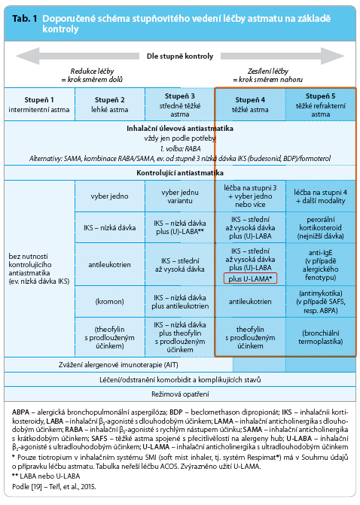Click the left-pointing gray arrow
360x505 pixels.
coord(78,56)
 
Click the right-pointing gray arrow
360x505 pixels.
coord(282,56)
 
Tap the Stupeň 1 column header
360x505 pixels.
coord(39,105)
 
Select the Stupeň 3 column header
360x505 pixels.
coord(180,105)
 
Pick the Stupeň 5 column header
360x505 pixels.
coord(320,105)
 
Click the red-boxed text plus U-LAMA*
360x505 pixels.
coord(250,278)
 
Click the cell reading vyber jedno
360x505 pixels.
coord(109,196)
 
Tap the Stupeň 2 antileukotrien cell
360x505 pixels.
coord(109,264)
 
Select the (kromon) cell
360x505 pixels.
coord(109,302)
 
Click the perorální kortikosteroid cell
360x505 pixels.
coord(320,228)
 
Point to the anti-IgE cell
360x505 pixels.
coord(320,265)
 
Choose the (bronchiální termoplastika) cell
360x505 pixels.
coord(320,337)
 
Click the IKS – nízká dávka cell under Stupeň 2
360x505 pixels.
coord(109,228)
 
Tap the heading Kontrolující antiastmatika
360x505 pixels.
coord(180,173)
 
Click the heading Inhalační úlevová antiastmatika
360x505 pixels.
coord(180,129)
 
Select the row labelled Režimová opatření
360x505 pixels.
coord(180,394)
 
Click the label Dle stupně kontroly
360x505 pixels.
coord(180,56)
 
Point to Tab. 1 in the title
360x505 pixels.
coord(25,19)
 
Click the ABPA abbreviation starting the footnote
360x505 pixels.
coord(20,412)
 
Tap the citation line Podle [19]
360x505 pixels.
coord(54,486)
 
